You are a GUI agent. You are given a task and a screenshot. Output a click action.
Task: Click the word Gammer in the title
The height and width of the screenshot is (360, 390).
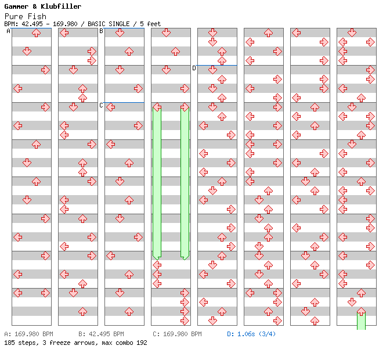17,6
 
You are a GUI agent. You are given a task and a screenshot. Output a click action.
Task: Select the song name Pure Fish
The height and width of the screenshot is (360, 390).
25,16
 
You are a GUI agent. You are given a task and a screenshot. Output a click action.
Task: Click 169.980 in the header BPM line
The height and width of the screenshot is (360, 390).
68,24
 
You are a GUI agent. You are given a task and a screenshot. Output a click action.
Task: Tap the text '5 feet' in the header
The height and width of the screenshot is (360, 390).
150,24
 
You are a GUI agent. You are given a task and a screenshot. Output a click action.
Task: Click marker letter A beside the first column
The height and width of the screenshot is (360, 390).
9,31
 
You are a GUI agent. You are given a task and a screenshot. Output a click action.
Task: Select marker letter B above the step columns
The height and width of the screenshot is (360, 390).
102,31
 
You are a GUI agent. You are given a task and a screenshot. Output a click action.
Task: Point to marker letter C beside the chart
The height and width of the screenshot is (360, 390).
102,105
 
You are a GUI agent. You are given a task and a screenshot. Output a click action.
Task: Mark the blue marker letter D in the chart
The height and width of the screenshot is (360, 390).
194,68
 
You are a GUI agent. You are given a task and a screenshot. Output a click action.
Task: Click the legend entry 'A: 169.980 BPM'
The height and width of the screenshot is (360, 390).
28,334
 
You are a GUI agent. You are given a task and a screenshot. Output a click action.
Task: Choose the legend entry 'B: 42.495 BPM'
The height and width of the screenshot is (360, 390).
101,334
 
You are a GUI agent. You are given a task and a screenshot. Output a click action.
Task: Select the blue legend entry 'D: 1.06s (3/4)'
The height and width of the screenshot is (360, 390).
251,334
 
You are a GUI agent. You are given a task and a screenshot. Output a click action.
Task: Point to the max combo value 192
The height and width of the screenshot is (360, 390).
141,343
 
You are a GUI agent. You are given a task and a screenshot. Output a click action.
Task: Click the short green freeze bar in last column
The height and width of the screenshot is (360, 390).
361,321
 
